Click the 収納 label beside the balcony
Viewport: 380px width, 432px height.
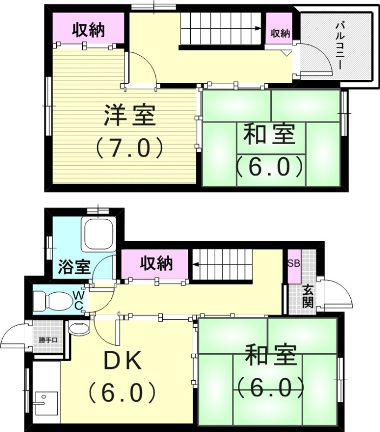(280, 33)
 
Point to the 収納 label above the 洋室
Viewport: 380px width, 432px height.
(89, 31)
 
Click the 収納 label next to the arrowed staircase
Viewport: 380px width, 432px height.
(157, 264)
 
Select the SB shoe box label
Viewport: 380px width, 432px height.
(294, 264)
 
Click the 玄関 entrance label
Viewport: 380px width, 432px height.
(307, 296)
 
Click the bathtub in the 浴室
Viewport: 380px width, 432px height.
(98, 234)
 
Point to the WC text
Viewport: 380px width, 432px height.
(78, 301)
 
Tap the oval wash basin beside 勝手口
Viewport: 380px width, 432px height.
(79, 329)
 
